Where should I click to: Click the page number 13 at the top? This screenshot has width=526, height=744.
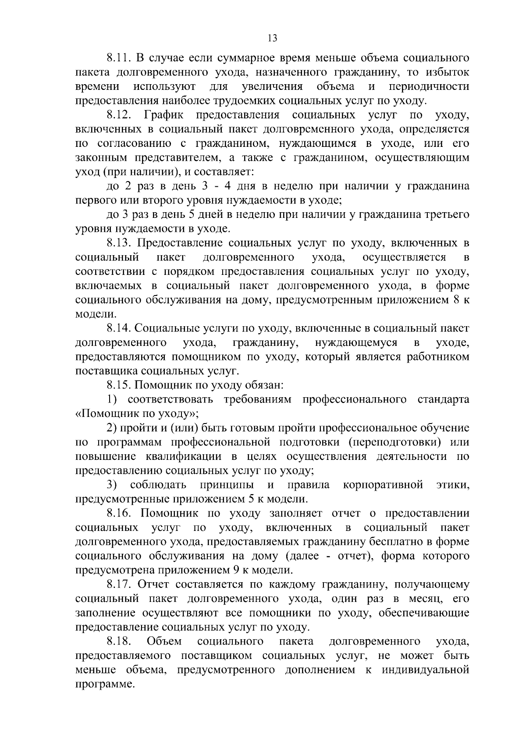(272, 38)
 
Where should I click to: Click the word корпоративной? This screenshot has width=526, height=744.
(383, 485)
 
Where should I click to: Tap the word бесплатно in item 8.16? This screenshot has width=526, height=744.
(392, 542)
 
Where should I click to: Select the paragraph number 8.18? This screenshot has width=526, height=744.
(119, 641)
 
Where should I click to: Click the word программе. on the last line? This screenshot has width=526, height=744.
(104, 684)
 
